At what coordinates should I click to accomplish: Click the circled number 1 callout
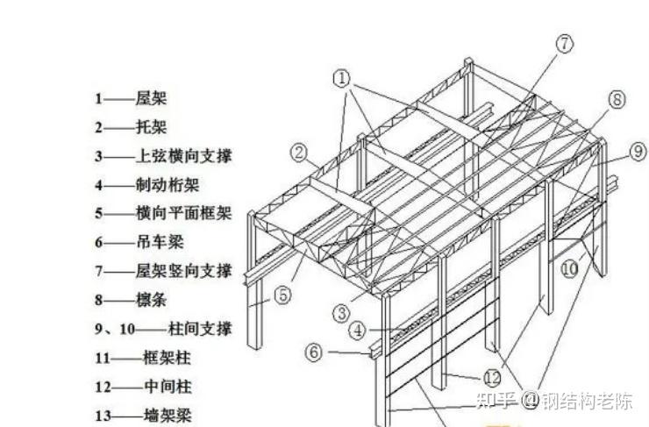point(341,78)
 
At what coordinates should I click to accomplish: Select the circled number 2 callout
point(301,154)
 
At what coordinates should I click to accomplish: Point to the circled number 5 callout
point(282,295)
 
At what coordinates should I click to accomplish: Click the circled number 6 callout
point(315,352)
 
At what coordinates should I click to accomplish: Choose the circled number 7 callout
point(563,42)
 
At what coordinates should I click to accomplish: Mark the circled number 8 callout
point(617,99)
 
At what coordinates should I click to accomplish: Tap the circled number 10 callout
point(570,268)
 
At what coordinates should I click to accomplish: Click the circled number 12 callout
point(491,379)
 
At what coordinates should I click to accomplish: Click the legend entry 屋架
point(151,98)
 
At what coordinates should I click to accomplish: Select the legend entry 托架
point(151,127)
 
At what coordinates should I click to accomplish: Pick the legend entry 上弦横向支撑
point(183,155)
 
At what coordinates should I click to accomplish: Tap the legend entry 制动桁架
point(167,184)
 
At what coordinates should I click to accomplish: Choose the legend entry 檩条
point(151,300)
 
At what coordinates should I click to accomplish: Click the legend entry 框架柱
point(166,358)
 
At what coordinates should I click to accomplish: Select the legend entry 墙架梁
point(167,415)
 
